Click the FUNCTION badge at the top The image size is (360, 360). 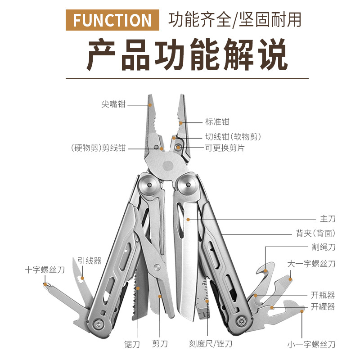click(112, 20)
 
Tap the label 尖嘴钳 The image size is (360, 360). click(113, 104)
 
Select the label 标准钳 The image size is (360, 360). click(217, 121)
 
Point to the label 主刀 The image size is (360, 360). click(328, 219)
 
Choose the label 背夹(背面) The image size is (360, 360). click(315, 233)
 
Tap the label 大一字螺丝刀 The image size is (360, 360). click(311, 264)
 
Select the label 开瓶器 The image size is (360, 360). click(323, 295)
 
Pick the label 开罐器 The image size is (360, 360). click(323, 307)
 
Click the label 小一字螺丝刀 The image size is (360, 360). click(311, 345)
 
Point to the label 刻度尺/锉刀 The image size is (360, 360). click(211, 344)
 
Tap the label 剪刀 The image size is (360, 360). click(160, 344)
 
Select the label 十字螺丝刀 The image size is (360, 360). click(45, 270)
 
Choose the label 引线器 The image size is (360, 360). click(89, 261)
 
